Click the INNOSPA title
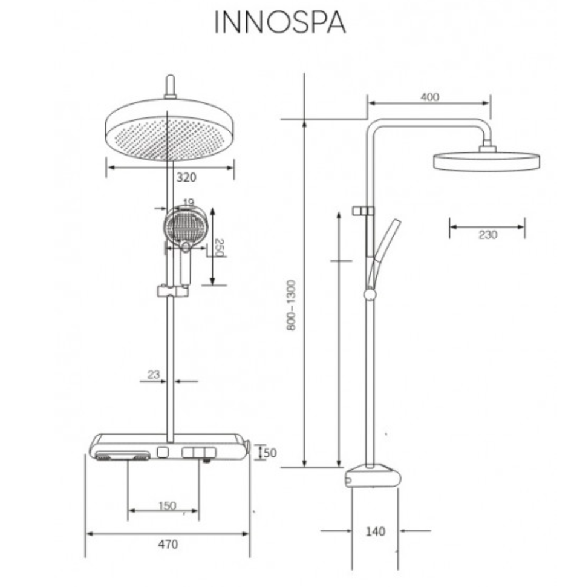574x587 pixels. coord(280,22)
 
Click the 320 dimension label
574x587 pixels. coord(186,177)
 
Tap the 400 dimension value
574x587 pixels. coord(429,97)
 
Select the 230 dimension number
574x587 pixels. coord(488,235)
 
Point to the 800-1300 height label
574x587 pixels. coord(291,305)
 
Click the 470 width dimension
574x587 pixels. coord(168,544)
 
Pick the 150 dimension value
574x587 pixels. coord(167,506)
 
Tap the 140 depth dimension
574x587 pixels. coord(375,531)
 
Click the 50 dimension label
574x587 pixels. coord(270,453)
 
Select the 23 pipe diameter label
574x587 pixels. coord(154,375)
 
